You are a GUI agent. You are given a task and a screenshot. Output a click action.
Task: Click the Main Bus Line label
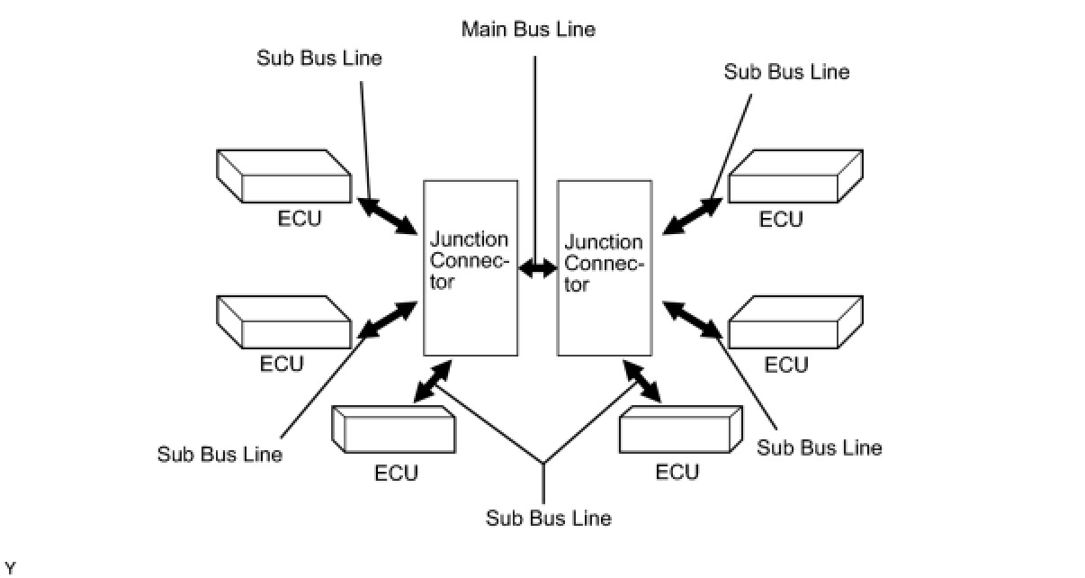tap(528, 29)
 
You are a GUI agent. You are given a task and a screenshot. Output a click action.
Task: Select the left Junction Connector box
tap(471, 266)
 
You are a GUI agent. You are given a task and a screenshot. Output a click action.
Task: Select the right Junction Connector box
tap(605, 266)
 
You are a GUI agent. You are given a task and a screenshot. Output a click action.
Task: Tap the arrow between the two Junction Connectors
tap(538, 267)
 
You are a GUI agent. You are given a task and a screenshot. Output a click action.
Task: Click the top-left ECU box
tap(283, 176)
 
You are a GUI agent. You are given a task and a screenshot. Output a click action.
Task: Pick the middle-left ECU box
tap(283, 321)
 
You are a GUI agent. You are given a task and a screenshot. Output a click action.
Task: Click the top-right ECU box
tap(796, 176)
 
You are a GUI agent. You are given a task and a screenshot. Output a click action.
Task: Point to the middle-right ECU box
tap(796, 321)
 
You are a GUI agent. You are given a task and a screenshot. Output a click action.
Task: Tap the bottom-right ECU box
tap(681, 430)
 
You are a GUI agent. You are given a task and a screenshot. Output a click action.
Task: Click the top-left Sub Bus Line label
tap(319, 59)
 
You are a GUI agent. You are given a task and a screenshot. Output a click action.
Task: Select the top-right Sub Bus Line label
tap(786, 72)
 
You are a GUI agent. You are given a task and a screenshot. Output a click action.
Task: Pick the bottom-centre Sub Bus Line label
tap(549, 519)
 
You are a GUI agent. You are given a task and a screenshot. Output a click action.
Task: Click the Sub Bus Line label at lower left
tap(220, 455)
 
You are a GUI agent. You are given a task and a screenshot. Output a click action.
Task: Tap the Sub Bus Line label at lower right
tap(820, 447)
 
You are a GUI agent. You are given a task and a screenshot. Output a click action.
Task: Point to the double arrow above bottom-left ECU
tap(433, 382)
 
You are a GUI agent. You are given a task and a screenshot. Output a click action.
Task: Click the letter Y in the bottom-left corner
tap(10, 567)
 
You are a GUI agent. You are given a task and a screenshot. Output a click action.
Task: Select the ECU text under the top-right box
tap(781, 220)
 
